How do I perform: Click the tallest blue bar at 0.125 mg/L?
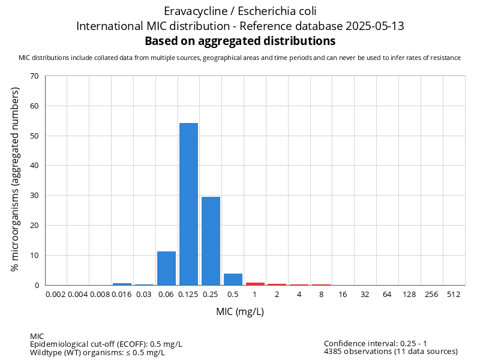click(188, 204)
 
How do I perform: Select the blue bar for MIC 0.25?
click(211, 241)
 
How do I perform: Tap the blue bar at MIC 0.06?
click(166, 268)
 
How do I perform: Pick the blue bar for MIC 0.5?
click(233, 279)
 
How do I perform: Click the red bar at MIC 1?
click(255, 283)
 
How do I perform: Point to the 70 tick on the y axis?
click(34, 76)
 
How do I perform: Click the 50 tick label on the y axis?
click(34, 136)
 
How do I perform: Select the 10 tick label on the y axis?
click(34, 256)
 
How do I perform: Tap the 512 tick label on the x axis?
click(454, 295)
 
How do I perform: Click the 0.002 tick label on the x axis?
click(56, 295)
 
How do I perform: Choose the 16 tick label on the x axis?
click(343, 295)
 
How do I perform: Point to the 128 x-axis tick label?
click(410, 295)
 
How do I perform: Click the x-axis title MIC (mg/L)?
click(240, 312)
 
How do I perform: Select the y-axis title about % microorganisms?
click(15, 179)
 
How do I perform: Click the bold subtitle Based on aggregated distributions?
click(240, 41)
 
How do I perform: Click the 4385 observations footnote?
click(391, 352)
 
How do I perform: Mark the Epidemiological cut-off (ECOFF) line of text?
click(106, 344)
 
